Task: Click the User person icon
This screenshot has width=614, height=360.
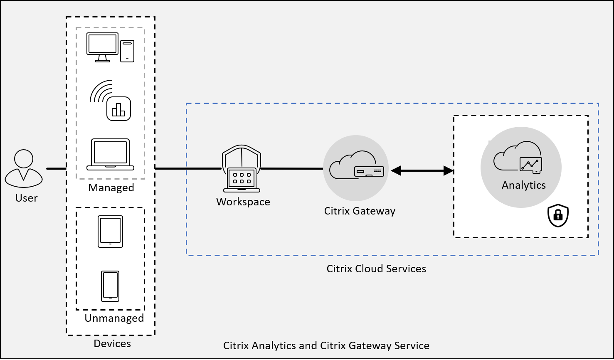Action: (x=24, y=168)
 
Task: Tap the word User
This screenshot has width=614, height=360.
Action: (x=27, y=198)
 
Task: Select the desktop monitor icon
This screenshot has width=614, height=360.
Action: (x=102, y=47)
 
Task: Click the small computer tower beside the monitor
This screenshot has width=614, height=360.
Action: (x=127, y=51)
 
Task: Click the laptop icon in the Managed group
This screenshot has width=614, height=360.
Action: (x=110, y=155)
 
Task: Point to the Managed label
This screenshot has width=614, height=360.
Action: (x=111, y=188)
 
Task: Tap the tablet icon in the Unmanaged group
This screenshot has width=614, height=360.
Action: (x=110, y=232)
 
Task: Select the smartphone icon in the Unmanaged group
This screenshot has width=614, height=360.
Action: (x=110, y=286)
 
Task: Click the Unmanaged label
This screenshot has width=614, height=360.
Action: (x=114, y=318)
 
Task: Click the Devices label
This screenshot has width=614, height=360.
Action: (x=112, y=344)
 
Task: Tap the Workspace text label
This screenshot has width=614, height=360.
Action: (x=243, y=202)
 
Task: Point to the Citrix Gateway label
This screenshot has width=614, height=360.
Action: (x=360, y=211)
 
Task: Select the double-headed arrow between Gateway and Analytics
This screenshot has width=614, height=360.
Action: (x=422, y=170)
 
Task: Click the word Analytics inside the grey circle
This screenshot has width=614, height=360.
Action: (x=523, y=185)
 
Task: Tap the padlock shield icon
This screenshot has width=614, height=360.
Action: (x=558, y=216)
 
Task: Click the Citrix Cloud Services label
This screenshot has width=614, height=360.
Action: (x=376, y=269)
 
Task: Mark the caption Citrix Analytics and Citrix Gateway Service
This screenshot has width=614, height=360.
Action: (x=326, y=345)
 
